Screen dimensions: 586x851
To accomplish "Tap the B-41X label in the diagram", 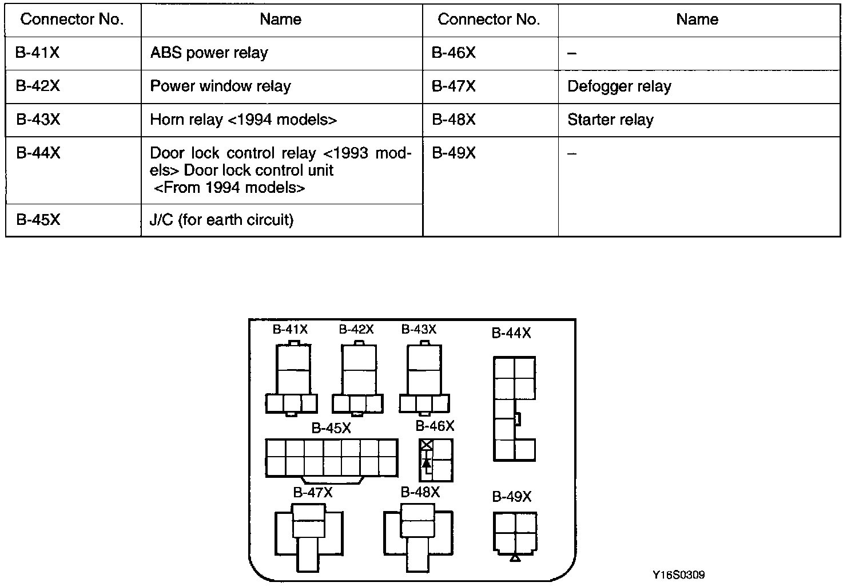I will click(x=290, y=330).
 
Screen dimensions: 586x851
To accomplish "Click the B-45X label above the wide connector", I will click(x=331, y=428).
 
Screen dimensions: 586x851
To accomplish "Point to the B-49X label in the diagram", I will click(x=511, y=497).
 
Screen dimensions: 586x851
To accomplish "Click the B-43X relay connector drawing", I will click(x=424, y=378).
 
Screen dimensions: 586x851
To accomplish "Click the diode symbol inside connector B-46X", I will click(x=426, y=461).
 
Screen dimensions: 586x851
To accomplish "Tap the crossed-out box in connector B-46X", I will click(x=426, y=445).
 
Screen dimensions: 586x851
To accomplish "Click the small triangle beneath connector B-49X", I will click(x=515, y=557).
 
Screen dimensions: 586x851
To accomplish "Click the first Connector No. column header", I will click(x=72, y=20).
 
